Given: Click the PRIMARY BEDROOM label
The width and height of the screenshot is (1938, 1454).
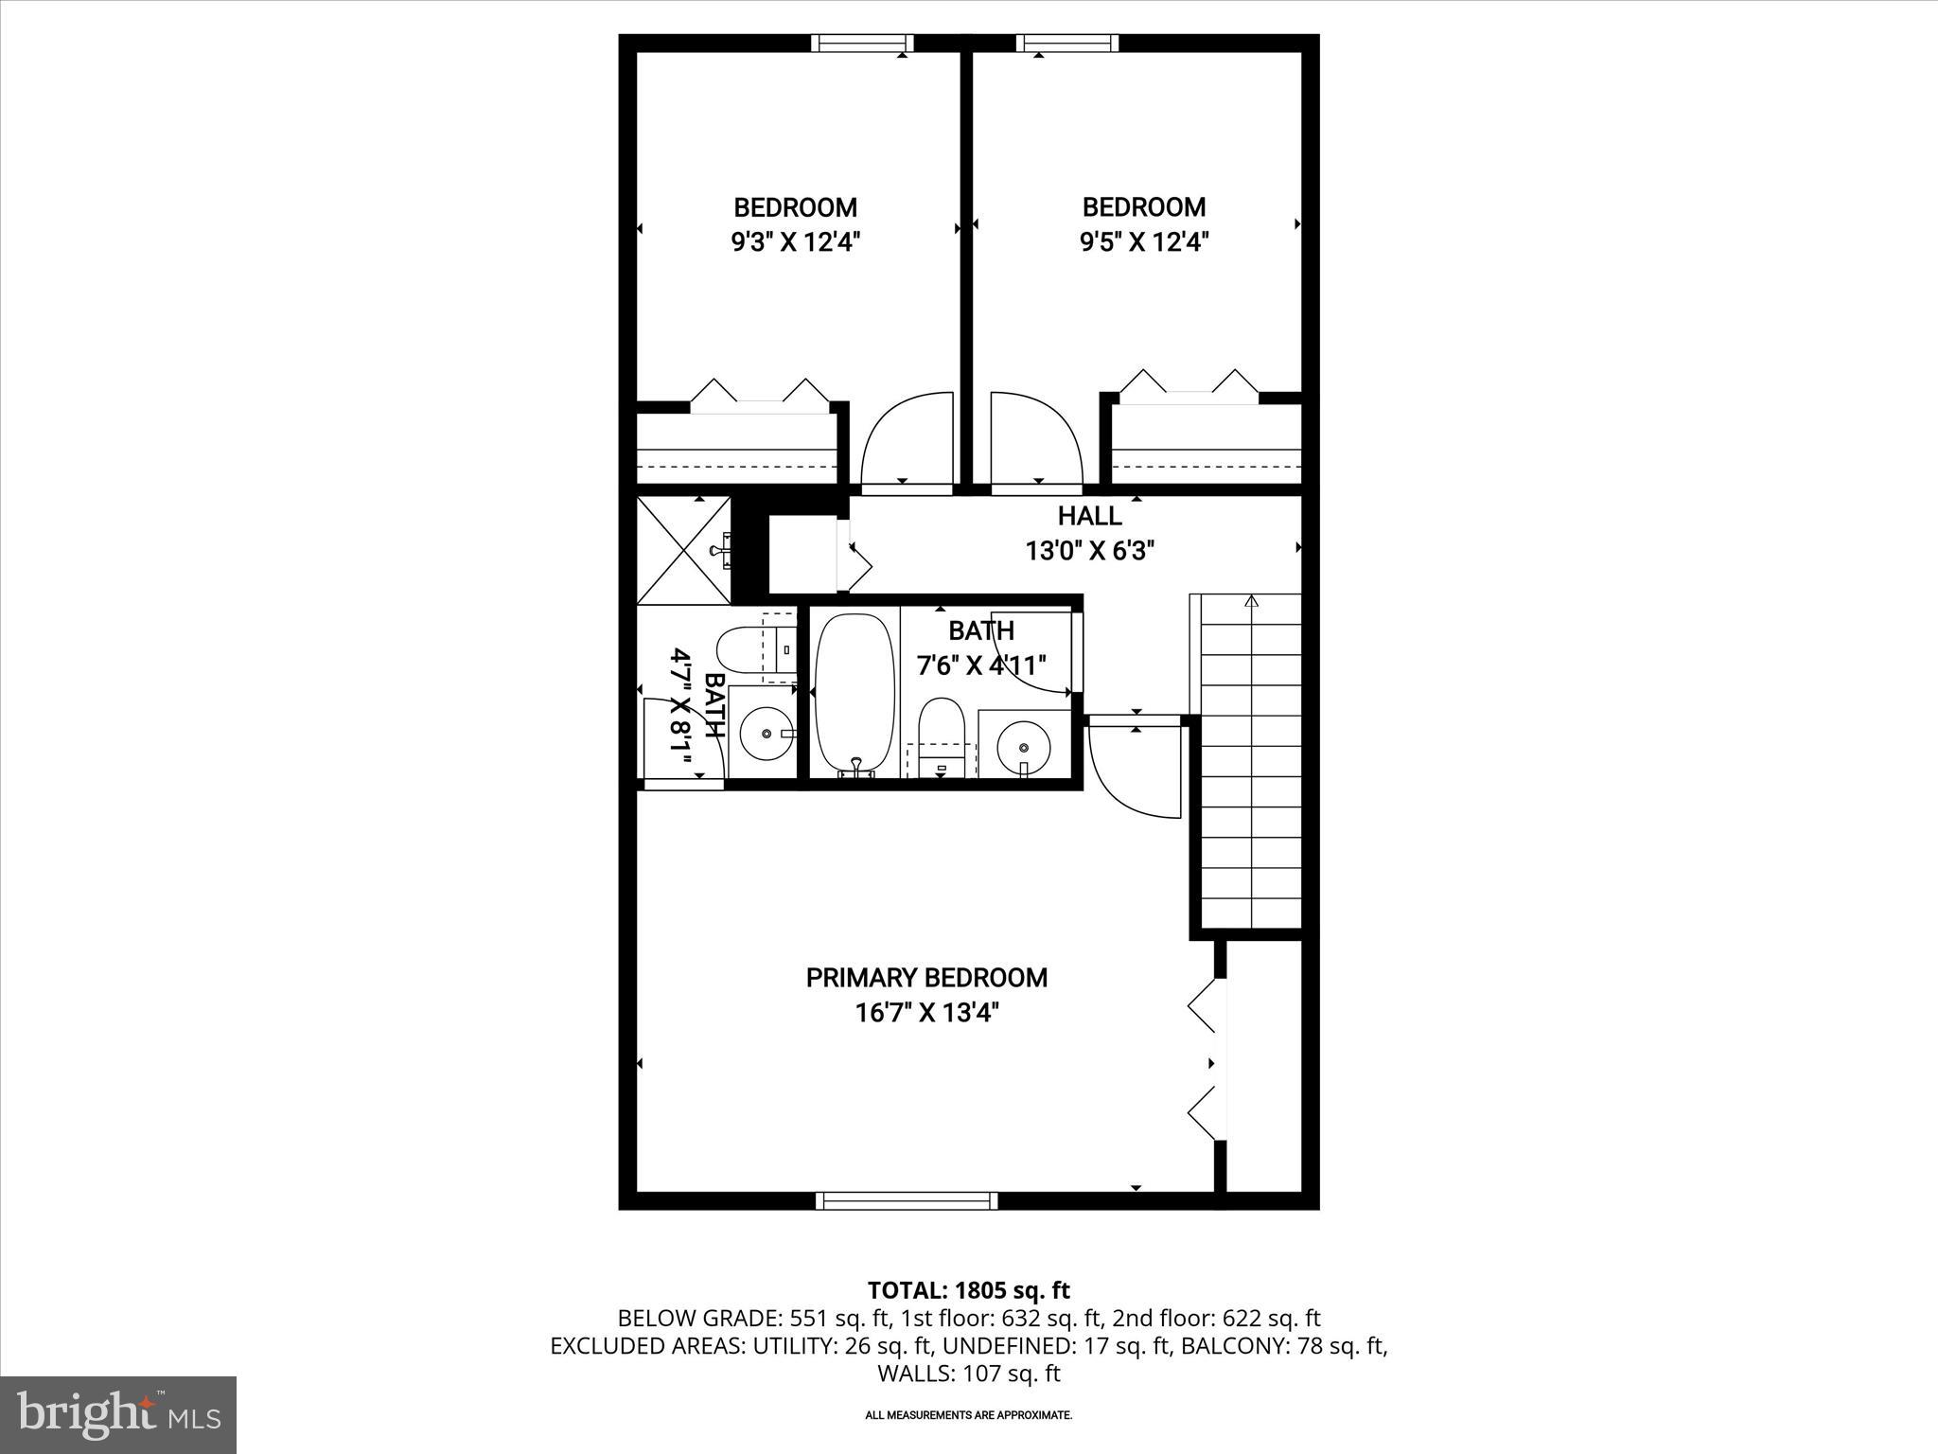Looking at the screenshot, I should coord(926,978).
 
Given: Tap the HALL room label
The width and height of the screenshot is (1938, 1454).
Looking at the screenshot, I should coord(1089,516).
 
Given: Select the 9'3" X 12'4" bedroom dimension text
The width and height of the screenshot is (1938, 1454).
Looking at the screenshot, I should coord(795,242).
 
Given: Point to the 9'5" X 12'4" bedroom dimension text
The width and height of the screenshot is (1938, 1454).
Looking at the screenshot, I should coord(1144,242).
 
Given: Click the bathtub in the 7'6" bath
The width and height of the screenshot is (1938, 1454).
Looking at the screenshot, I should coord(854,693).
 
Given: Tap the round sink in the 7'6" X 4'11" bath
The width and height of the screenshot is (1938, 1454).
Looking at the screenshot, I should coord(1024,738).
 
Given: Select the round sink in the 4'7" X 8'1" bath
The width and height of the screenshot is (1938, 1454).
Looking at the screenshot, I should coord(765,733).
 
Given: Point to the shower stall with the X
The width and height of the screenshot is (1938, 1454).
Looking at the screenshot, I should coord(683,550).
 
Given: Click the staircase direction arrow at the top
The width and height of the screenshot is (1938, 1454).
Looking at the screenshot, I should coord(1252,600).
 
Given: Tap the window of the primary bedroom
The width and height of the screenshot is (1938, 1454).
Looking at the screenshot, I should coord(907,1200).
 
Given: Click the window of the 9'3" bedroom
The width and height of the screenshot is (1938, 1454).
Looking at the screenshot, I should coord(862,43).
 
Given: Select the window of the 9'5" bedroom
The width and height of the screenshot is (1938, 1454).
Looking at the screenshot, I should coord(1067,43).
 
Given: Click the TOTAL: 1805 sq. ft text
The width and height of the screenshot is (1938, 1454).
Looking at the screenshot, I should coord(968,1290).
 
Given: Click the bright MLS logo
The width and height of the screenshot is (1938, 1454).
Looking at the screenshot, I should coord(118,1414).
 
